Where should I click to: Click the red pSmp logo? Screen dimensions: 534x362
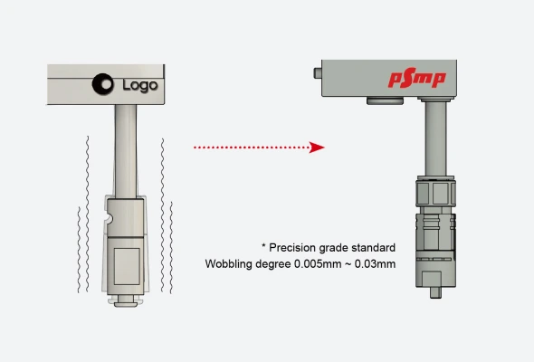tap(417, 78)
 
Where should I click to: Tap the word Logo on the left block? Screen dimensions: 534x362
tap(140, 85)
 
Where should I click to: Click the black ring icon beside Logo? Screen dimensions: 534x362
tap(103, 84)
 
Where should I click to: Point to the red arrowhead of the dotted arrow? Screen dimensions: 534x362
tap(317, 148)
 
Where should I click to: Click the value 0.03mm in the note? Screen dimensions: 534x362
tap(375, 264)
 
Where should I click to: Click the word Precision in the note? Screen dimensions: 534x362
tap(291, 248)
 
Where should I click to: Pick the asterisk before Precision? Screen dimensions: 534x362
tap(263, 246)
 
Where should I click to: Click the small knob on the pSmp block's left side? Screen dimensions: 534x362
tap(318, 73)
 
